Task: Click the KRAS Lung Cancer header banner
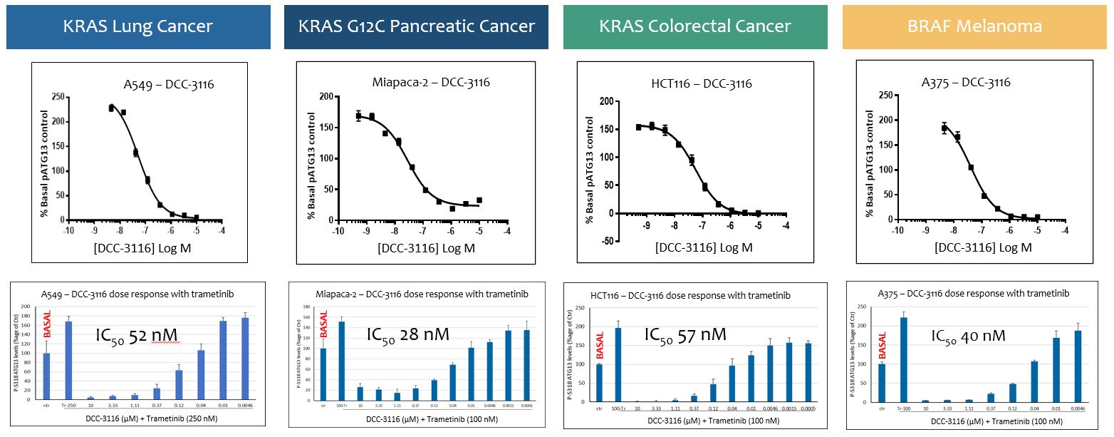tap(138, 27)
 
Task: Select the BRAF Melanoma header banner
tap(974, 27)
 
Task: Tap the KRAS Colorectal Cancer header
tap(694, 27)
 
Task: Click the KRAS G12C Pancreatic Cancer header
tap(416, 27)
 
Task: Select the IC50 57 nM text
tap(685, 334)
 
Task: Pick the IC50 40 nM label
tap(968, 335)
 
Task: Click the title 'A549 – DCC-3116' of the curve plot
tap(168, 85)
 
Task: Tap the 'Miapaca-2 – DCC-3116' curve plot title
tap(431, 83)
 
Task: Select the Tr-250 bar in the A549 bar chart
tap(69, 360)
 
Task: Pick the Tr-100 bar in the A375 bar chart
tap(905, 359)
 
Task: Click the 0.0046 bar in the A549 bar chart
tap(245, 358)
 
